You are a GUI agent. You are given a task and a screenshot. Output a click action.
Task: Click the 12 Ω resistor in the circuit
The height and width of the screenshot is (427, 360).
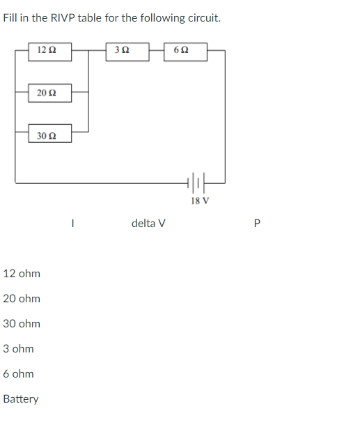50,51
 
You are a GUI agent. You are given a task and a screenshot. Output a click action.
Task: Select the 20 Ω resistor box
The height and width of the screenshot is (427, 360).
50,92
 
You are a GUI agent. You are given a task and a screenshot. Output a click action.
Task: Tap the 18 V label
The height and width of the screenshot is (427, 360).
199,201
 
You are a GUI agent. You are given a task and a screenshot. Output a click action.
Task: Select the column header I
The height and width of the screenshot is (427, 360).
72,224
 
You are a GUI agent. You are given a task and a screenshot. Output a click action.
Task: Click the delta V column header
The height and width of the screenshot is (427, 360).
148,224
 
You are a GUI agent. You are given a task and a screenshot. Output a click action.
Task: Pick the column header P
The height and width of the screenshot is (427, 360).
257,224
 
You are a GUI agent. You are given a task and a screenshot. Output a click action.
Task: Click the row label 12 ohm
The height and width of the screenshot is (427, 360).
22,274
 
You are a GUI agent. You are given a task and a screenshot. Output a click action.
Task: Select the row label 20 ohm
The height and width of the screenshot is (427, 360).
22,299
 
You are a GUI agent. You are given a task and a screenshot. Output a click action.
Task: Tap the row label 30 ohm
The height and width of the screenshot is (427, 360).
22,324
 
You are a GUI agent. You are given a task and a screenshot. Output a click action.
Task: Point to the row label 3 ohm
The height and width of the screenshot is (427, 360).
18,349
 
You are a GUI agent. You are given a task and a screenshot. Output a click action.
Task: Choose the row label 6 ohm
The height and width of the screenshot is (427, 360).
18,374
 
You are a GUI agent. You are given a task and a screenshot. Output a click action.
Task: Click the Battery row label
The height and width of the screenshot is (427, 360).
21,399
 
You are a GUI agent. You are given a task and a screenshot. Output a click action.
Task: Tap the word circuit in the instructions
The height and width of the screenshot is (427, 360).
204,18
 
